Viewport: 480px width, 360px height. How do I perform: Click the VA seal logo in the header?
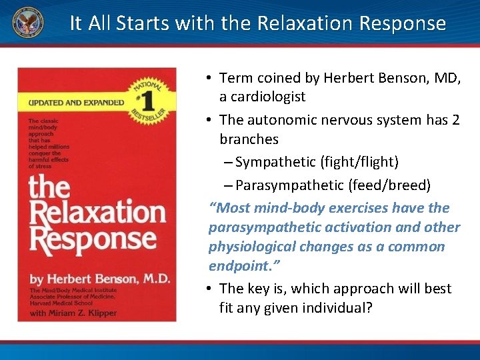click(x=27, y=23)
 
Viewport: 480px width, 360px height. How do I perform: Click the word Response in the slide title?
click(x=402, y=23)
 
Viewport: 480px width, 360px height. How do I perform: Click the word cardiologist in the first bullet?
click(x=263, y=97)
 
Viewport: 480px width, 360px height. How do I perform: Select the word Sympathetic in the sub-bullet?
click(x=275, y=162)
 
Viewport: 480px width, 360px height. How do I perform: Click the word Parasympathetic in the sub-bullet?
click(x=286, y=184)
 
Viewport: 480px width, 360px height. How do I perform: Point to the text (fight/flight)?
click(x=359, y=162)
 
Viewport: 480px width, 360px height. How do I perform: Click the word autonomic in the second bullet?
click(x=283, y=120)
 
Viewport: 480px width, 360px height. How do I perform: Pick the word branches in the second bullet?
click(x=249, y=139)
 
